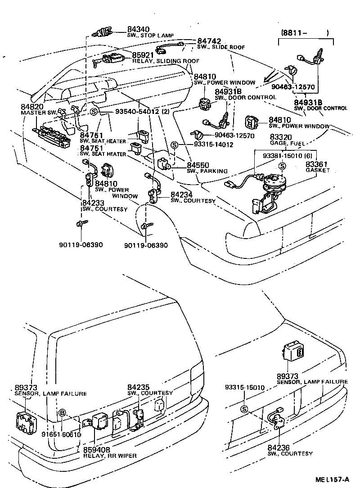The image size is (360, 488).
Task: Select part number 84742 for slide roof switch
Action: coord(209,41)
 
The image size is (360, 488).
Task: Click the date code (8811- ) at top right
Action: coord(306,32)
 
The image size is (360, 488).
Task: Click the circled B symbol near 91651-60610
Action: coord(63,412)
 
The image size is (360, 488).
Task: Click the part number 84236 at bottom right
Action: coord(278,448)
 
